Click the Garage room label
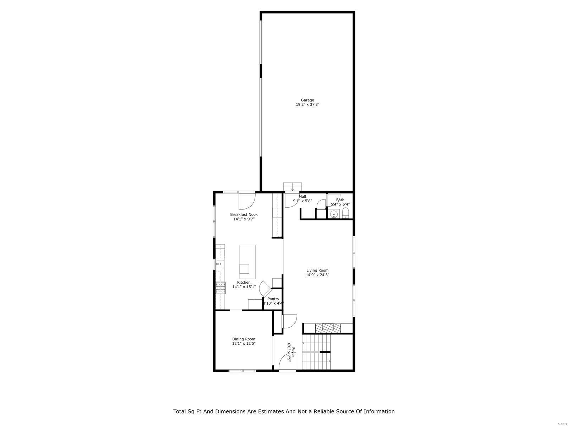click(307, 100)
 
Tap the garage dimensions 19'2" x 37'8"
click(307, 105)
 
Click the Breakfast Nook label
click(244, 214)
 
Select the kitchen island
click(247, 262)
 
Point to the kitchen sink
click(220, 264)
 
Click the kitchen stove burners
click(220, 287)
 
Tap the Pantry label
click(273, 299)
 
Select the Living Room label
click(317, 270)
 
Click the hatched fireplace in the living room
click(328, 328)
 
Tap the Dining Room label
click(244, 339)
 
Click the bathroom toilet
click(346, 214)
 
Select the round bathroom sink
click(333, 214)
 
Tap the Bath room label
click(340, 200)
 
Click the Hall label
click(302, 196)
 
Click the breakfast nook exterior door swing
click(246, 201)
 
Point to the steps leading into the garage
click(293, 187)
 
